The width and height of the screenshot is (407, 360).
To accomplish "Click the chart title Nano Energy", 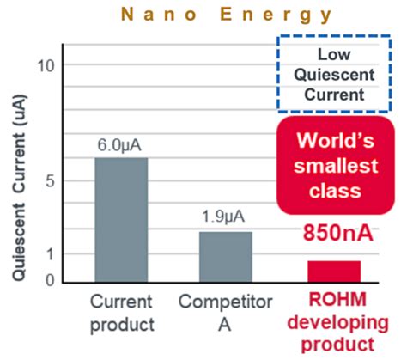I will [203, 15].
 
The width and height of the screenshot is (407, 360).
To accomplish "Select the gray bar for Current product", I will [121, 219].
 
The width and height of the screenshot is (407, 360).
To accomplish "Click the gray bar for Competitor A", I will [225, 256].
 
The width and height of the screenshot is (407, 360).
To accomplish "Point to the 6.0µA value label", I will [121, 146].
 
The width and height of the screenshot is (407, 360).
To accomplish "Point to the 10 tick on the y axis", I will [47, 65].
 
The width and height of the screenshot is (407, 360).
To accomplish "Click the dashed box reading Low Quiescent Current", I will [335, 74].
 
